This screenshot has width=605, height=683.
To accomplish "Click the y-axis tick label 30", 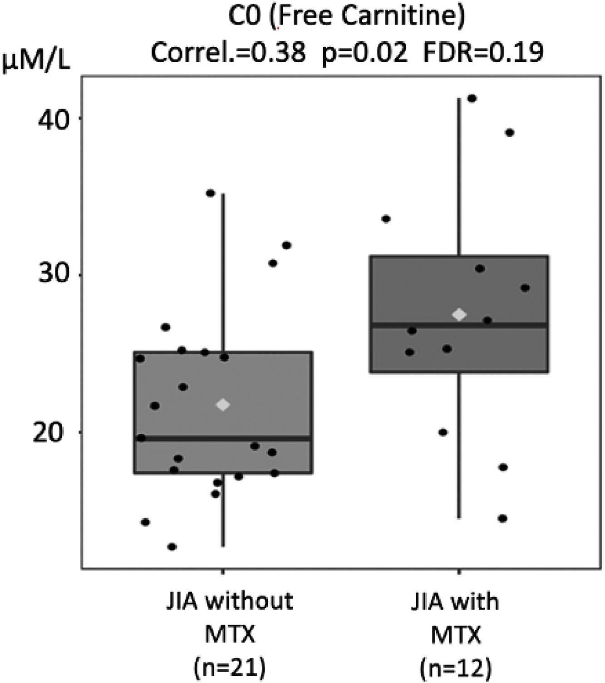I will point(53,275).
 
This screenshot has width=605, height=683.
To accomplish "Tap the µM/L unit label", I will point(36,63).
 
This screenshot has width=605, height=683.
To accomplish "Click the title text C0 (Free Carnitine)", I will point(346,18).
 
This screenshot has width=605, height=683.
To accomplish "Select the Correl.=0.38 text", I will point(228,53).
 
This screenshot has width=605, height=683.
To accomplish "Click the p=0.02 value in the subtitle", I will point(364,53).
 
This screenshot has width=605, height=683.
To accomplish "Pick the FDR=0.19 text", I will point(483,53).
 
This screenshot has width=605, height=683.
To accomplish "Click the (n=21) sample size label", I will point(229,668).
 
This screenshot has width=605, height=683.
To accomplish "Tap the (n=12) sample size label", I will point(455,668).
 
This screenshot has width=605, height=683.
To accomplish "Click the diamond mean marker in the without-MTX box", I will point(223,405).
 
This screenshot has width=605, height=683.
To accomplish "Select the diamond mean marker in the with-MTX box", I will point(459,314).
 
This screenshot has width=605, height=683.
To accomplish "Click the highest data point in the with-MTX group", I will point(472,99).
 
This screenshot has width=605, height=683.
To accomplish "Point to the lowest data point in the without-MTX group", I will point(172,547).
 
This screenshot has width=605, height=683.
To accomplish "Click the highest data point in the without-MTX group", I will point(211,193).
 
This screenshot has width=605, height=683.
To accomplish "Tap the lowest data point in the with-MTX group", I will point(502,519).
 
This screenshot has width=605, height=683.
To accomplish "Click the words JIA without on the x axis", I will point(229,602).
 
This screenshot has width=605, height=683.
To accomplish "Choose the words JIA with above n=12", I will point(455,602).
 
